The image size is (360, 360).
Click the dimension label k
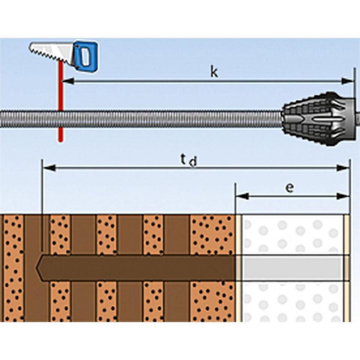214,72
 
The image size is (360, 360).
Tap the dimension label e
289,188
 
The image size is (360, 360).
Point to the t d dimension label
189,160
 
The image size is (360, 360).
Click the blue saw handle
85,56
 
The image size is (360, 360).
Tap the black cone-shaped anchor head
319,119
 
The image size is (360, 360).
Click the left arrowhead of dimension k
68,81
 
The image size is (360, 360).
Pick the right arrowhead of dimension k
347,81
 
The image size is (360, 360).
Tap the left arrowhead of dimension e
242,196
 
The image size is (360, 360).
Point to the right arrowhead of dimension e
343,196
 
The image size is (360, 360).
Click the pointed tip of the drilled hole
36,268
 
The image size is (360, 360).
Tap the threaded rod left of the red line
29,119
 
